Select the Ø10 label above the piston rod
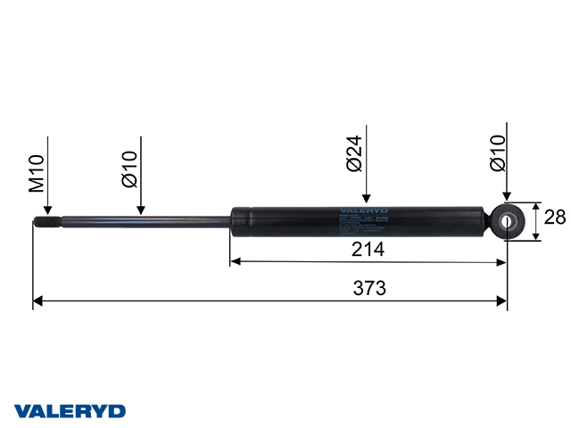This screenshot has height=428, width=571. tap(130, 169)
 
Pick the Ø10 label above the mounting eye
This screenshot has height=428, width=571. tap(498, 152)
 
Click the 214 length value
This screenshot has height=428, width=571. tap(368, 250)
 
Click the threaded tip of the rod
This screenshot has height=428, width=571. tap(46, 223)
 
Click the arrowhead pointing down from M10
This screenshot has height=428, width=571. tap(46, 210)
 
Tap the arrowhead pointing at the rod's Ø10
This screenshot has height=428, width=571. tap(140, 210)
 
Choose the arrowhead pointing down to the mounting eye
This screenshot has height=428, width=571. tap(507, 197)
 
